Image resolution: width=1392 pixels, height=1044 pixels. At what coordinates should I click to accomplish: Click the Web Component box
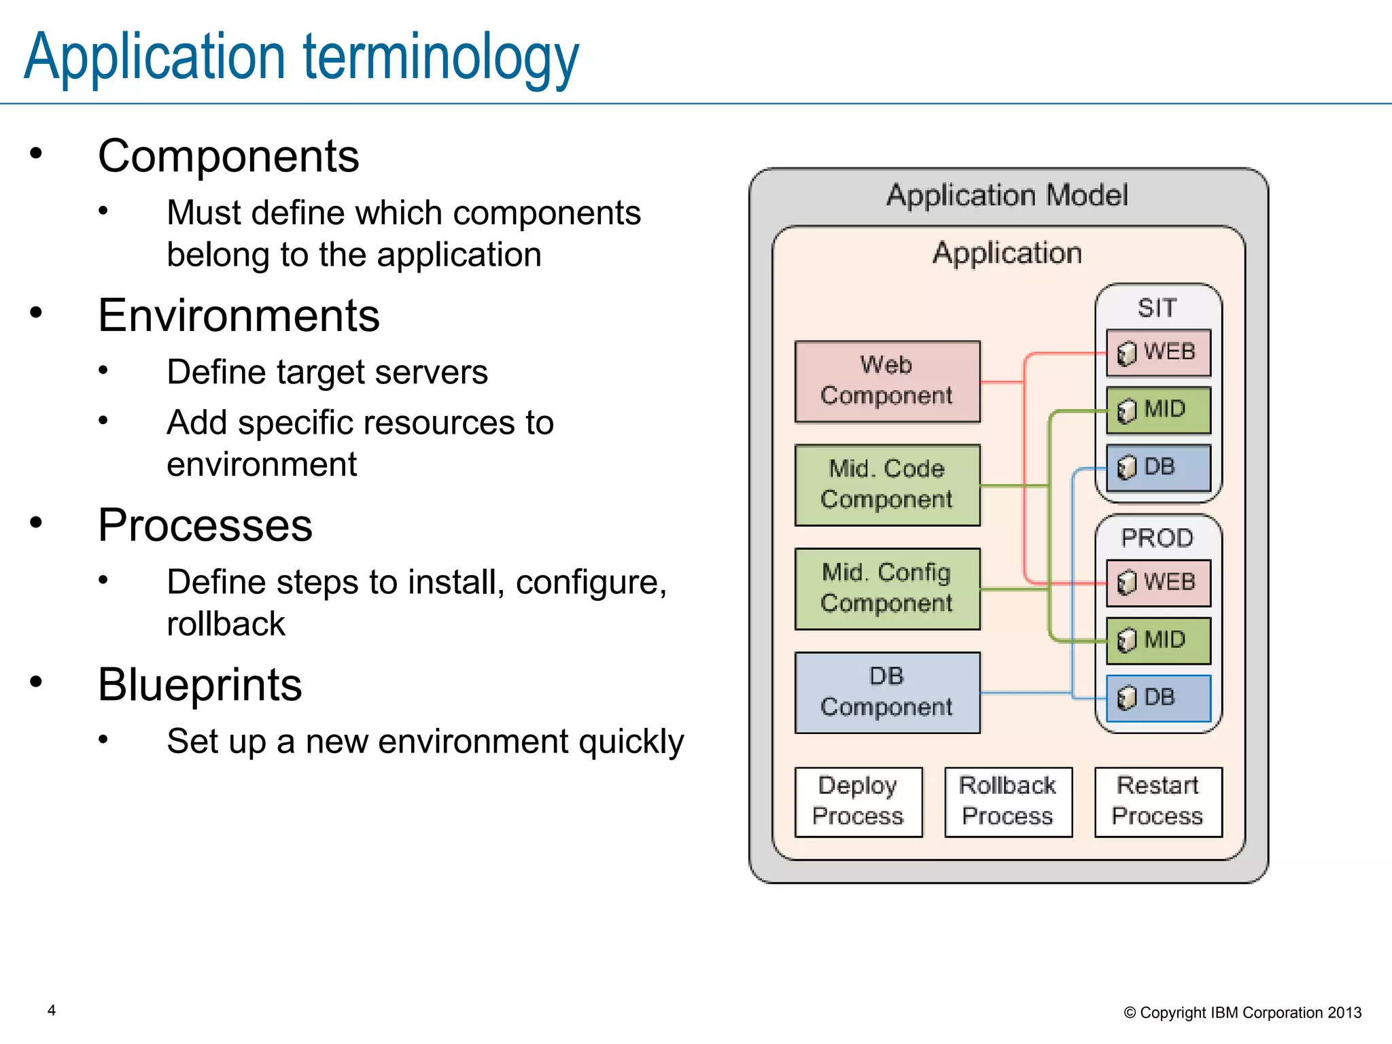[887, 381]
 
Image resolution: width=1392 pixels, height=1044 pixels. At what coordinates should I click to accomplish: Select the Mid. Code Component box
[887, 485]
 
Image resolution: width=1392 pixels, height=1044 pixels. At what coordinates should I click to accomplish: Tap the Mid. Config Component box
[887, 589]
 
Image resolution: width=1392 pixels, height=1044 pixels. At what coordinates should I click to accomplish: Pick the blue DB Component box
[887, 692]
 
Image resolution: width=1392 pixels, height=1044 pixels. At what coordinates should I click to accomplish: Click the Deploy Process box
[858, 801]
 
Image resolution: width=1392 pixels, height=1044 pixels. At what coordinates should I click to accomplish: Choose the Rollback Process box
[1008, 801]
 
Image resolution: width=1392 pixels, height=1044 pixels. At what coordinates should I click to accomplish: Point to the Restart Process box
[1158, 801]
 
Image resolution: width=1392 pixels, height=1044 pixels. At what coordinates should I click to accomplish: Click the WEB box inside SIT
[1158, 352]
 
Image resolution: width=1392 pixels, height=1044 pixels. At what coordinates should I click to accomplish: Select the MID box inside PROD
[1158, 640]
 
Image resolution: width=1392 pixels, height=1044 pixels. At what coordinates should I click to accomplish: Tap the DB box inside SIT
[1158, 467]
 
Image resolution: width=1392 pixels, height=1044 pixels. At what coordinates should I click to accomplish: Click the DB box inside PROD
[1158, 697]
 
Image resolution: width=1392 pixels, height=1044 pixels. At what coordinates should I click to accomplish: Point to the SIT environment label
[1157, 308]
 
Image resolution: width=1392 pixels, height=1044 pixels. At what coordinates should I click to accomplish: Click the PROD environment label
[1157, 538]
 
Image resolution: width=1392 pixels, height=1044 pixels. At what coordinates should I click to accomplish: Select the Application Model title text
[1007, 196]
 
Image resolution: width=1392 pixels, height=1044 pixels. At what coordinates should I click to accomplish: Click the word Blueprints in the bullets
[200, 684]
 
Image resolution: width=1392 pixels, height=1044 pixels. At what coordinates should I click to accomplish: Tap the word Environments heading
[239, 315]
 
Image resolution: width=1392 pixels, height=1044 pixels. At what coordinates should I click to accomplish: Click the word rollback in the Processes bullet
[226, 624]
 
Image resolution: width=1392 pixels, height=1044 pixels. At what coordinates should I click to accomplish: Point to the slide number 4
[52, 1010]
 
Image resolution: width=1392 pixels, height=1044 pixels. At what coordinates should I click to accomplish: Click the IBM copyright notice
[1242, 1013]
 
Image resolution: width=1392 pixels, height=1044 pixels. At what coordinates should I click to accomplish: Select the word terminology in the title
[440, 58]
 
